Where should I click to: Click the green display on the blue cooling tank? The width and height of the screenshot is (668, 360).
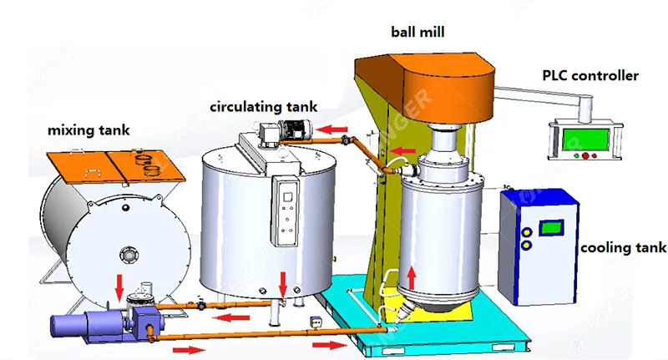point(550,227)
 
